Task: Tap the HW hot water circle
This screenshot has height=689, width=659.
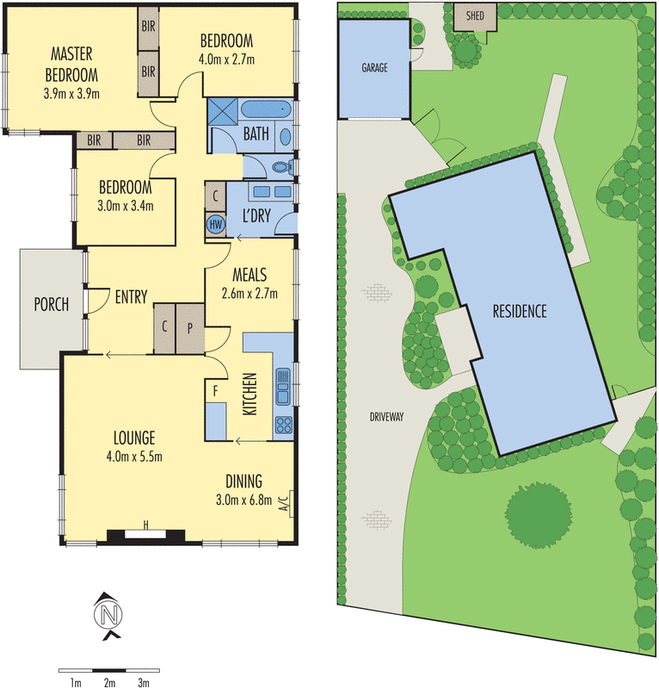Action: coord(215,224)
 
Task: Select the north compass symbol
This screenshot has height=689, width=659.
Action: coord(109,615)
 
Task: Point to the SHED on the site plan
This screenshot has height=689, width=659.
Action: coord(475,16)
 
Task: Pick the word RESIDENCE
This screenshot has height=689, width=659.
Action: coord(519,312)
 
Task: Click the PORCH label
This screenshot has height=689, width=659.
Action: coord(52,304)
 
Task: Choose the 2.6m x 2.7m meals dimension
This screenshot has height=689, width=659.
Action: coord(249,292)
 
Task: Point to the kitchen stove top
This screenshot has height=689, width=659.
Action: coord(283,424)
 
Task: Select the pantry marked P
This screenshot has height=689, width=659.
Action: coord(190,327)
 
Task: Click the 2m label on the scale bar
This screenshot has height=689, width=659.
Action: coord(109,683)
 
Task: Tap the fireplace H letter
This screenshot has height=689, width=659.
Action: coord(146,524)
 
